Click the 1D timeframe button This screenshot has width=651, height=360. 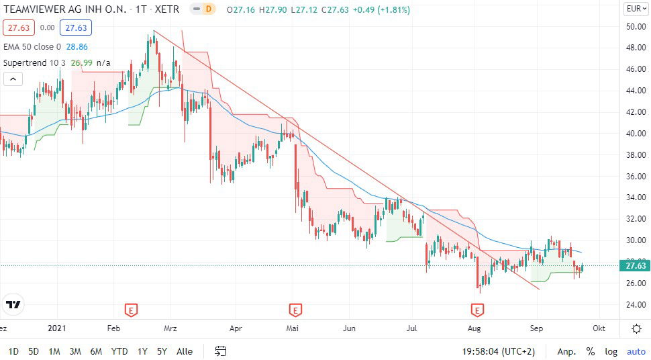(x=13, y=351)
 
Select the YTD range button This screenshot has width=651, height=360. (x=119, y=351)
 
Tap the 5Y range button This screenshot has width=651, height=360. (x=162, y=351)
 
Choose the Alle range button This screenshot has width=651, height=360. (x=185, y=351)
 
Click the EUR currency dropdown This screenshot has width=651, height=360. (x=635, y=9)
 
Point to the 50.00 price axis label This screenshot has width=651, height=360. (x=635, y=26)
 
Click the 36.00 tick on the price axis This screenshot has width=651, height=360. (x=635, y=176)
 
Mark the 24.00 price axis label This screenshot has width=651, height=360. (x=635, y=304)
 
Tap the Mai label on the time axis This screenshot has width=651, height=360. (x=292, y=328)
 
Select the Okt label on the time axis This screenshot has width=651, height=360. (x=599, y=328)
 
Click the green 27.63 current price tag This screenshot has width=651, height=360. (x=635, y=266)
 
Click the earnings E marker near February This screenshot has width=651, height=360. (x=132, y=310)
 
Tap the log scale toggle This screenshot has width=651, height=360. (x=611, y=351)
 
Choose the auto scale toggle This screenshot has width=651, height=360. (x=636, y=351)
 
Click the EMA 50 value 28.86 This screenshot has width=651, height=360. (x=77, y=47)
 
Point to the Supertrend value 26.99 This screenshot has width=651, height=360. (x=81, y=63)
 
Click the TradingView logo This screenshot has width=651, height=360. (x=13, y=304)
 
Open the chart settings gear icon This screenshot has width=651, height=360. (x=636, y=328)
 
